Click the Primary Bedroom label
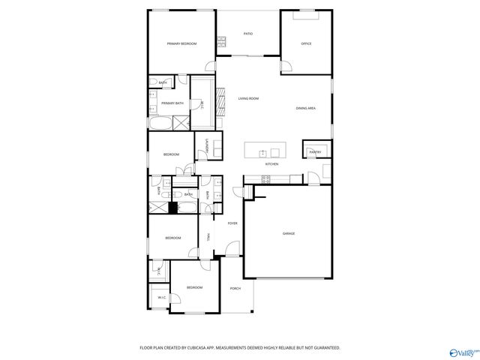click(x=181, y=44)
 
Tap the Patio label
click(x=247, y=34)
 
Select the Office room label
click(x=306, y=44)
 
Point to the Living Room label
click(x=248, y=98)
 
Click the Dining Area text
click(x=305, y=109)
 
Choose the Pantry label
click(x=315, y=151)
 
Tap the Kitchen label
click(x=271, y=163)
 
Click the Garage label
click(x=289, y=234)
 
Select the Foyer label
click(x=232, y=223)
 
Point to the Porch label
click(x=235, y=288)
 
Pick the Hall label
click(x=208, y=237)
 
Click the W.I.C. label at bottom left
click(x=161, y=298)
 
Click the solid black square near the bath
click(x=172, y=208)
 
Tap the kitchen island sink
click(x=264, y=154)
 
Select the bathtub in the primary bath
click(x=160, y=124)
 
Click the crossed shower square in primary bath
click(x=181, y=124)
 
